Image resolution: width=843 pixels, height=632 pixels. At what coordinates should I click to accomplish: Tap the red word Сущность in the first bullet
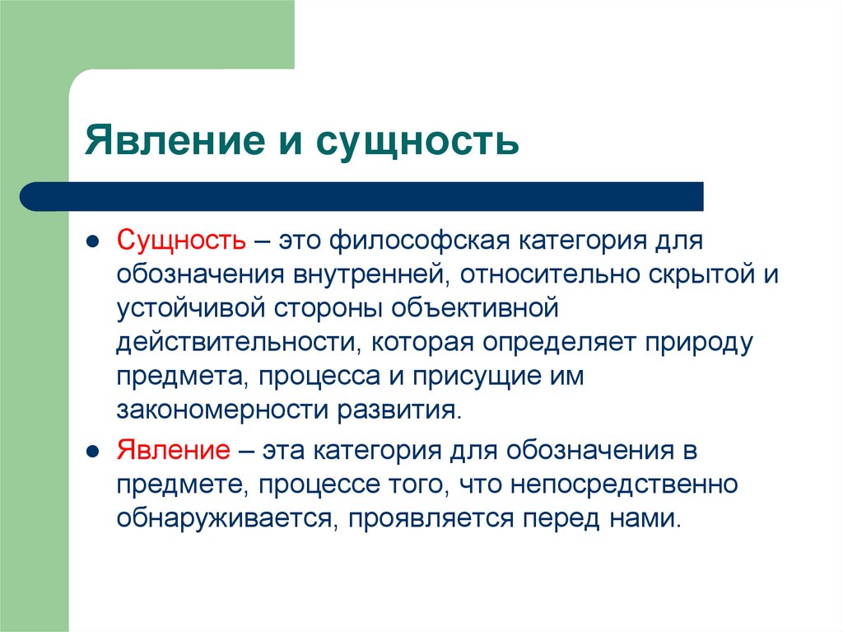tap(180, 241)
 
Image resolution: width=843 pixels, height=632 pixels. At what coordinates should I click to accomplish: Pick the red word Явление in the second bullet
tap(173, 452)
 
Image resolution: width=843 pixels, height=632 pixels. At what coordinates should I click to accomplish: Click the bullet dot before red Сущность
tap(94, 242)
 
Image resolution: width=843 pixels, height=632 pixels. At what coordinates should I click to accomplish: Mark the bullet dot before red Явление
tap(94, 453)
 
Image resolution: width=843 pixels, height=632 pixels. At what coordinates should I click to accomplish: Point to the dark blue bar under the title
tap(362, 196)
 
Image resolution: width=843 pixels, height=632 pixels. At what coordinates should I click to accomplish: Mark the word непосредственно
tap(622, 485)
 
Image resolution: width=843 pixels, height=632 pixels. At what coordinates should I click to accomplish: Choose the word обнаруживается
tap(225, 519)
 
